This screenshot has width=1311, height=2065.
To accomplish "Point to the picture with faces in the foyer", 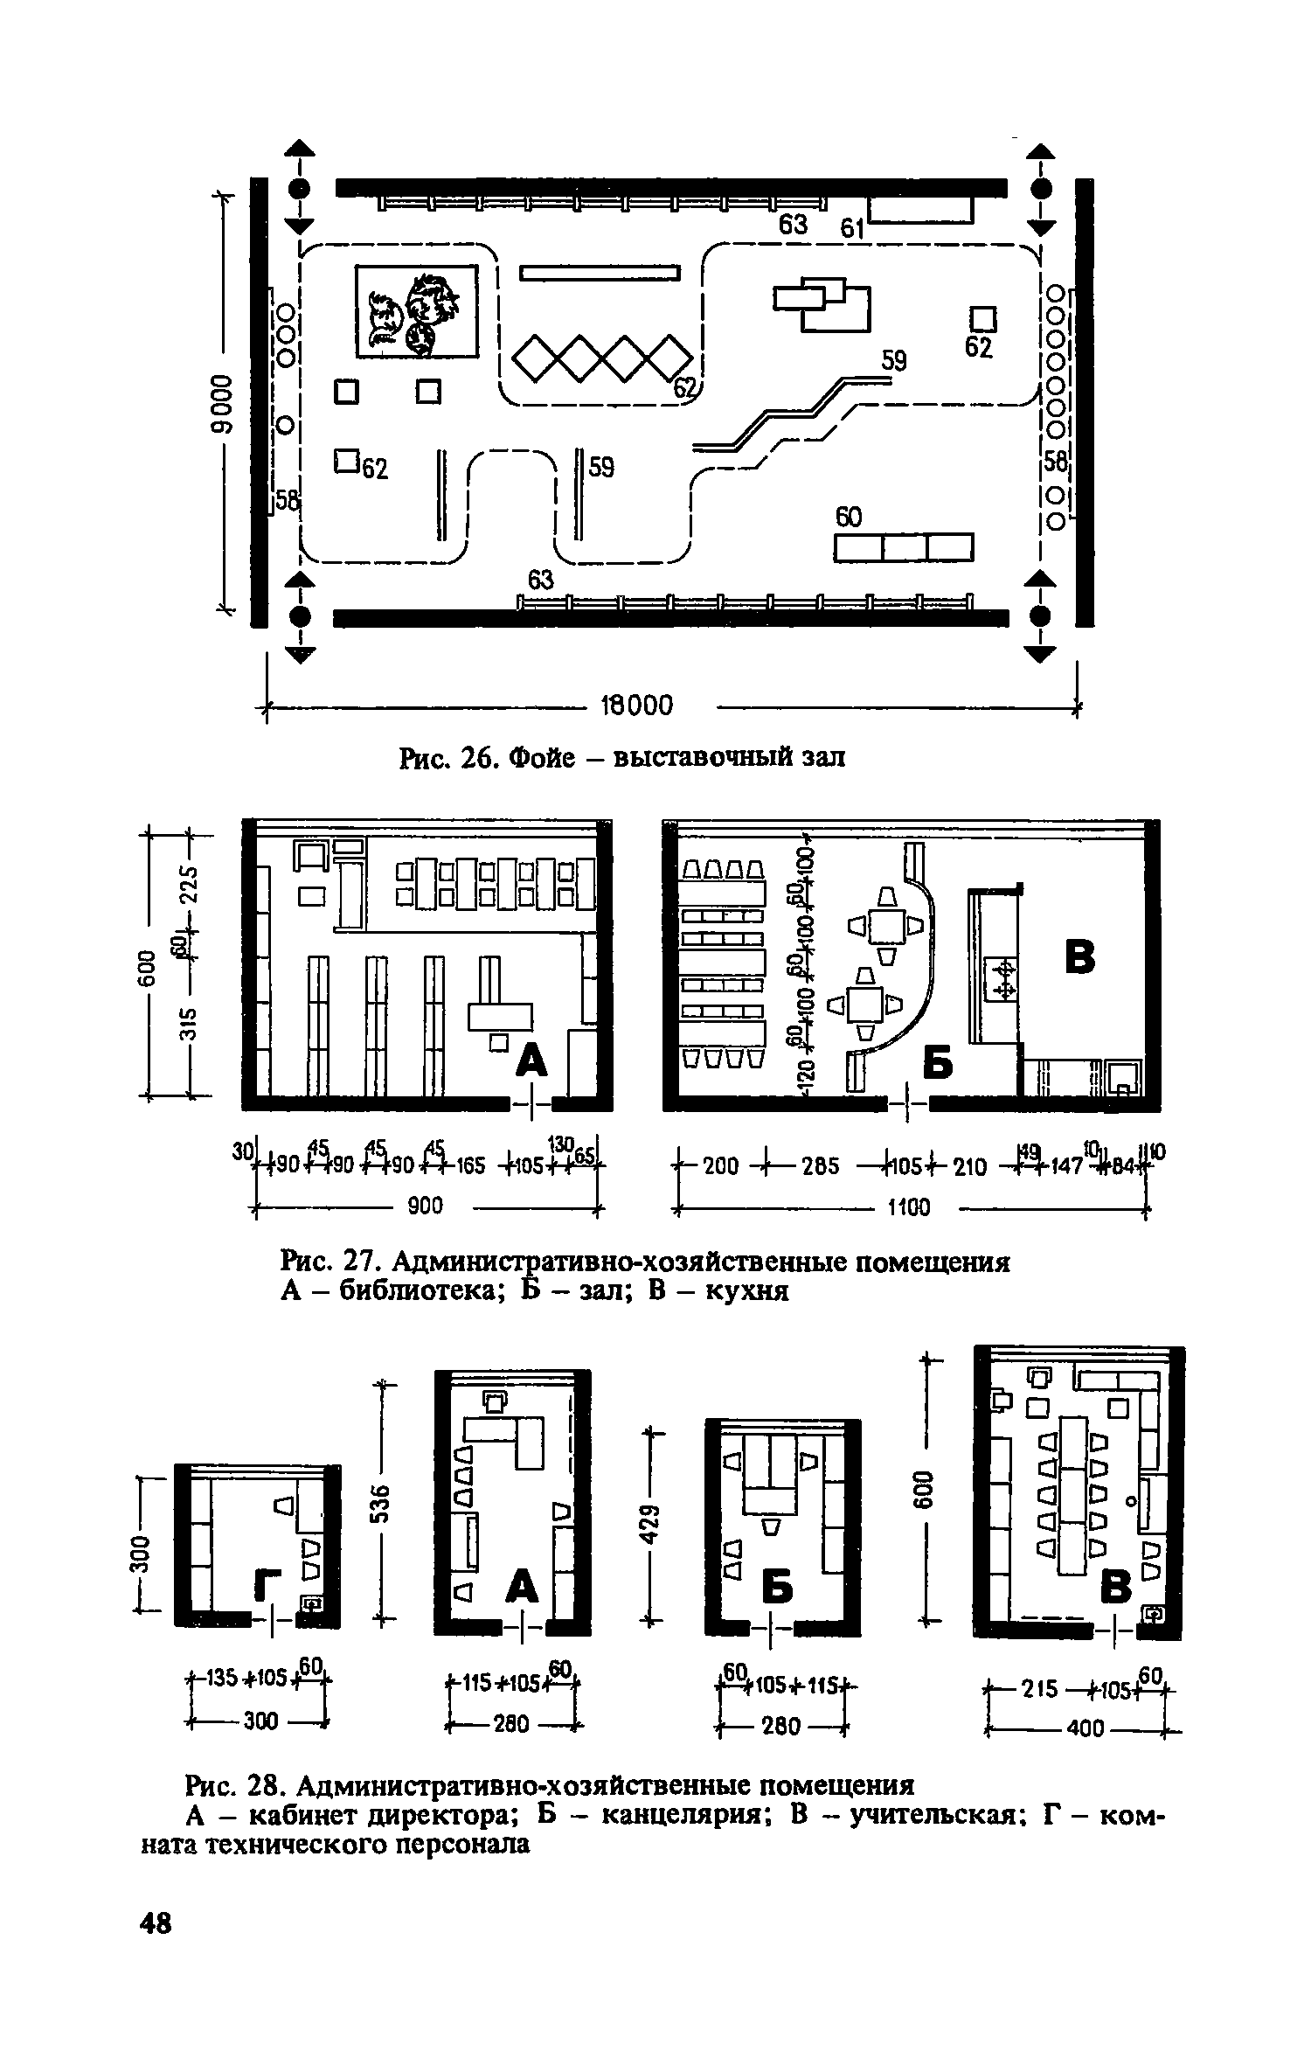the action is (417, 312).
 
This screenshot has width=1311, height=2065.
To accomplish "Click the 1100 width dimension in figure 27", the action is (908, 1207).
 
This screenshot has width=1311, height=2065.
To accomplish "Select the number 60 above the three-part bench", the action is (849, 518).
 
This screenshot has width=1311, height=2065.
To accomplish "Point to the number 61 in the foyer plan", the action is (851, 229).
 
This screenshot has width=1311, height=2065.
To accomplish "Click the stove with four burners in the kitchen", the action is (1002, 978).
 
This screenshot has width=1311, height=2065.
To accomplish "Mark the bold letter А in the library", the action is (532, 1060).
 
